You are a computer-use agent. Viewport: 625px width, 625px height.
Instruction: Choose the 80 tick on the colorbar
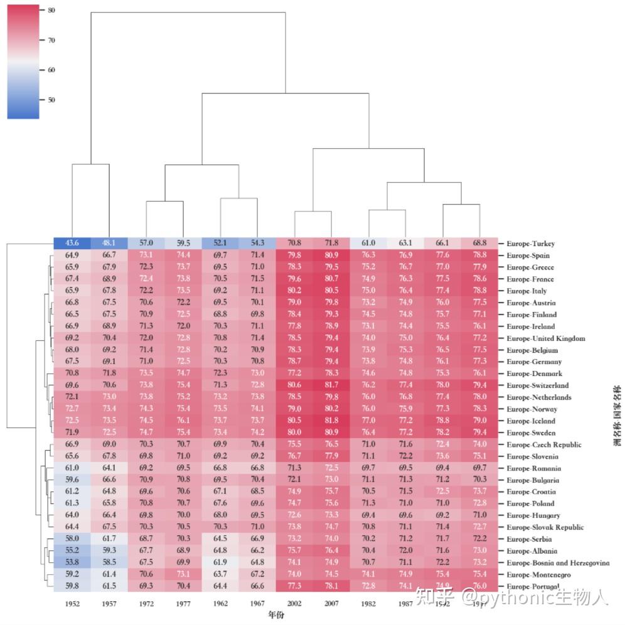(x=51, y=11)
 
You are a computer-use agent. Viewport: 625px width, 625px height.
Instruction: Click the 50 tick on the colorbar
(x=51, y=100)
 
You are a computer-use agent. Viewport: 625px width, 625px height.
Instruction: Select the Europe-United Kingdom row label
(x=545, y=338)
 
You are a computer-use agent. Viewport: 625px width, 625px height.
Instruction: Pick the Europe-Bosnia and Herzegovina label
(x=557, y=563)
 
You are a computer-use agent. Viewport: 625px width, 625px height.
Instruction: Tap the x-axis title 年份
(x=275, y=614)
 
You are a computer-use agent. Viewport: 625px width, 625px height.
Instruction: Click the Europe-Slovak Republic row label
(x=545, y=528)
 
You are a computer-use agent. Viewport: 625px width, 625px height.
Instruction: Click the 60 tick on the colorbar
(x=51, y=70)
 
